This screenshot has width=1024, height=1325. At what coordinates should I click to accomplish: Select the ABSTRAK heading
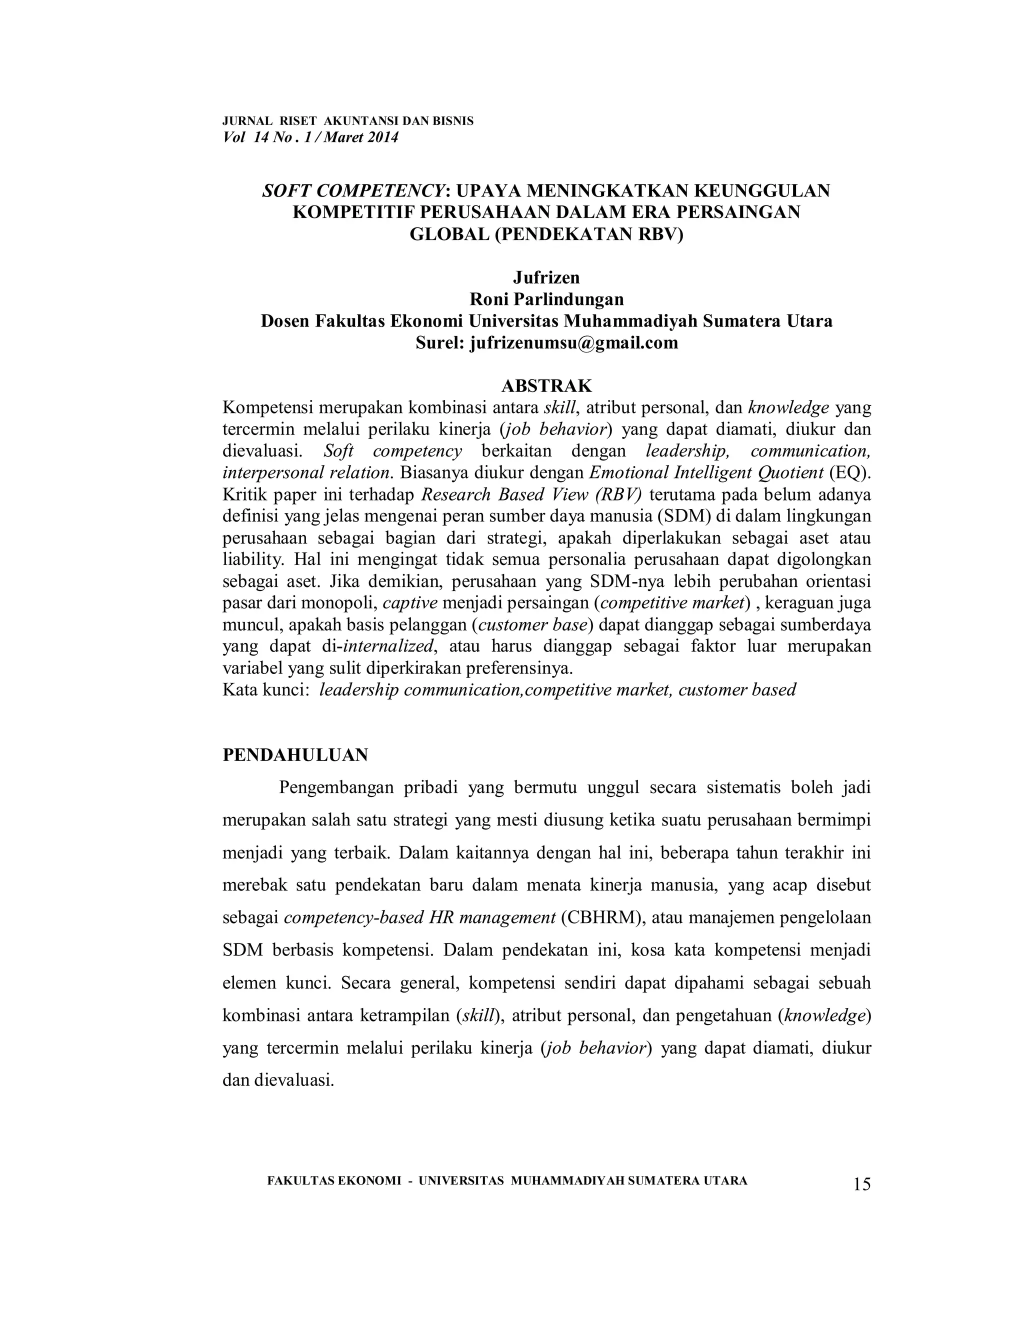pyautogui.click(x=546, y=386)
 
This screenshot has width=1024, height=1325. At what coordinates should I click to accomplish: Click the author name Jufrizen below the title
pyautogui.click(x=546, y=277)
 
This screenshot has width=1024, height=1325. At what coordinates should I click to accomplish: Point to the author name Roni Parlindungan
pyautogui.click(x=546, y=299)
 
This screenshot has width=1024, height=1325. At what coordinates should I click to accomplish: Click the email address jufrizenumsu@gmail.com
pyautogui.click(x=574, y=343)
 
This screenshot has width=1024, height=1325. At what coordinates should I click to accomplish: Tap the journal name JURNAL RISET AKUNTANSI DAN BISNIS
pyautogui.click(x=348, y=120)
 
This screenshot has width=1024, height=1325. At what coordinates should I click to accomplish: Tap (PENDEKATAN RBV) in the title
pyautogui.click(x=588, y=234)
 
